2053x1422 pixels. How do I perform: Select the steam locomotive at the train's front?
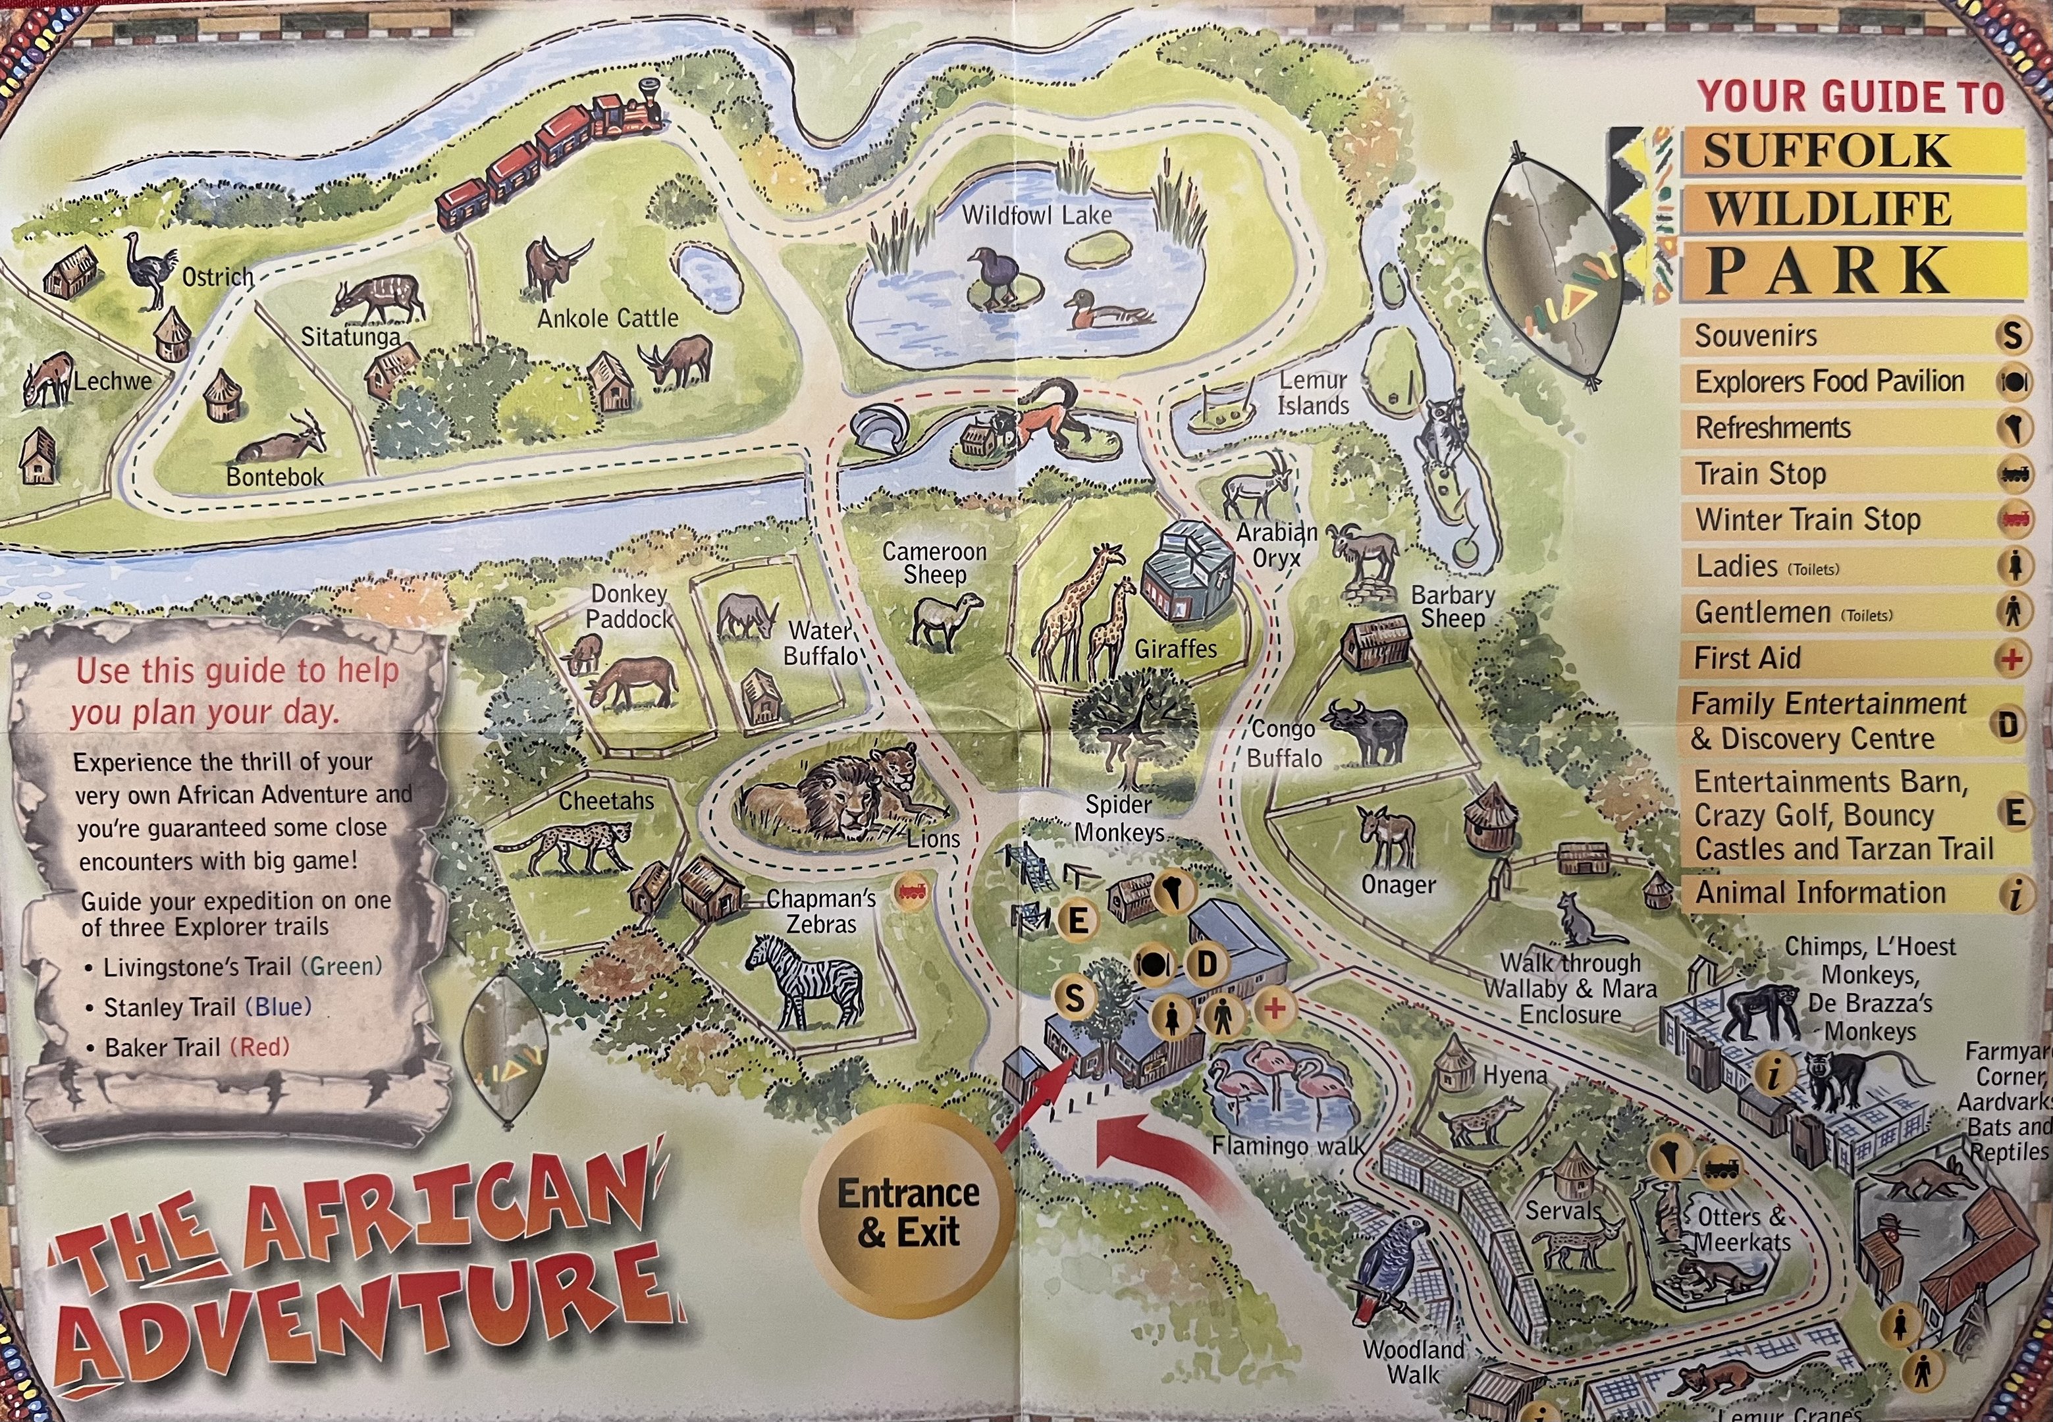(x=630, y=113)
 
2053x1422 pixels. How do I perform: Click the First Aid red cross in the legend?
(x=2011, y=660)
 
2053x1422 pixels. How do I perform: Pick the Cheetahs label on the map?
(x=606, y=801)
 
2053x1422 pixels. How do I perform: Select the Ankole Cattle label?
(x=608, y=318)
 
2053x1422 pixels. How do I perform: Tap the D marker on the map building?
(x=1206, y=963)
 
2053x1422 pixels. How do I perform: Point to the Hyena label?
(x=1515, y=1076)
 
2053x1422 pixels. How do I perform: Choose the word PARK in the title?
(x=1828, y=270)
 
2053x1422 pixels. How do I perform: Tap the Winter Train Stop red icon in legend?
(x=2013, y=519)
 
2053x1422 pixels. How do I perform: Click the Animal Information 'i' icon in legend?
(x=2013, y=893)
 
